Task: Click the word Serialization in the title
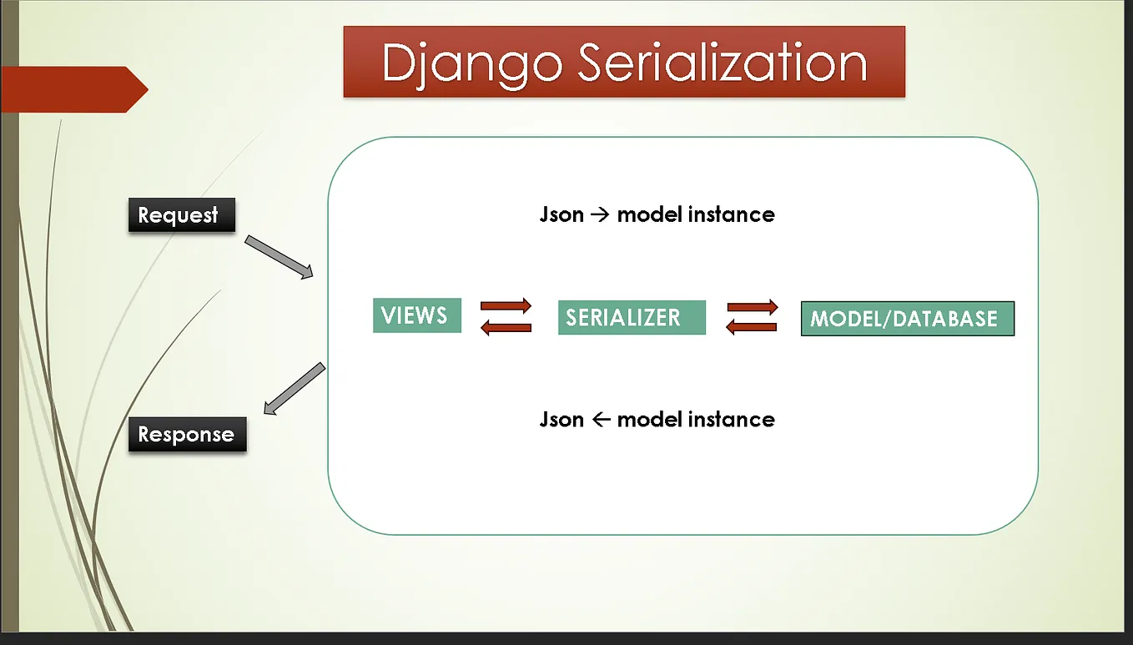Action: (x=723, y=63)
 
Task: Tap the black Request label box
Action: (x=182, y=215)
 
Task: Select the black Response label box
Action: (x=187, y=435)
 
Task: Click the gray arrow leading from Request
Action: (x=279, y=257)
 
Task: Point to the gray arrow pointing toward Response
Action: (x=294, y=389)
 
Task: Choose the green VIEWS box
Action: (x=416, y=315)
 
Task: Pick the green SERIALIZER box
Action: (x=632, y=318)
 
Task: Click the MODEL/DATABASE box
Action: (x=907, y=319)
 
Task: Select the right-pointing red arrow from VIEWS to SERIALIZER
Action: (x=506, y=305)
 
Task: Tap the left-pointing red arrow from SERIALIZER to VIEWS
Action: (x=506, y=327)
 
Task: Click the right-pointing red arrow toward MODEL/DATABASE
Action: (x=753, y=307)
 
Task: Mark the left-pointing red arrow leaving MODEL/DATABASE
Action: (x=753, y=328)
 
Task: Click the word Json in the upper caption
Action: (x=561, y=214)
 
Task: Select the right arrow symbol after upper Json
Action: (x=600, y=215)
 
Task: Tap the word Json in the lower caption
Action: (x=561, y=419)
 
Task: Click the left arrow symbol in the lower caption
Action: (x=600, y=420)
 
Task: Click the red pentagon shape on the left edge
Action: (x=71, y=89)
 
